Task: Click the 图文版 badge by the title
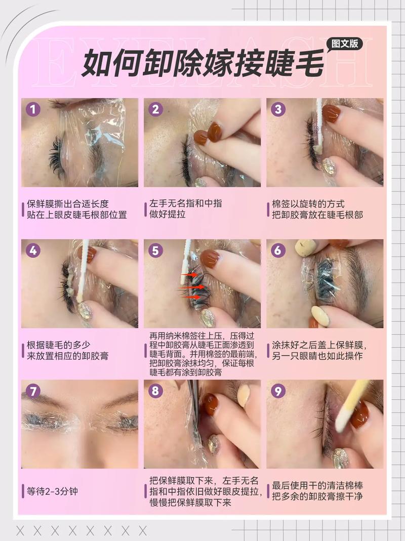(344, 44)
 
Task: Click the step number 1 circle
(33, 109)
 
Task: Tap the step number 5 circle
(156, 251)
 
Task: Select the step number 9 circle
(278, 391)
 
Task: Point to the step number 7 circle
(33, 391)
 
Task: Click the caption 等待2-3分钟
(53, 491)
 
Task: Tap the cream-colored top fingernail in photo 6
(305, 247)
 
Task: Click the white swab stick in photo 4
(84, 268)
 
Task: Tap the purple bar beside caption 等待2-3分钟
(23, 491)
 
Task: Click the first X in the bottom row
(20, 530)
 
